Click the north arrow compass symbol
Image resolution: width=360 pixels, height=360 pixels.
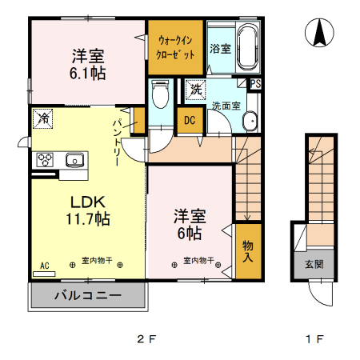tap(319, 33)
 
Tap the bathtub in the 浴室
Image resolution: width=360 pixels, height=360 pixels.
tap(248, 47)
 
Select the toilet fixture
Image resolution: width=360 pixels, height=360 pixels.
tap(160, 94)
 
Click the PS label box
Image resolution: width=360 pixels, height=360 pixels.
tap(255, 84)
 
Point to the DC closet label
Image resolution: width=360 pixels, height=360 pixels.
tap(190, 120)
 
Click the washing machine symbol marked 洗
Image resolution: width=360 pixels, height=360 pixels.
tap(196, 90)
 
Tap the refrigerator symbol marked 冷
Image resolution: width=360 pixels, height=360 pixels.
tap(42, 118)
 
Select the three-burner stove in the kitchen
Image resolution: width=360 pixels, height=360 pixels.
tap(45, 160)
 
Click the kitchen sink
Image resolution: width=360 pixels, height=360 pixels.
tap(74, 160)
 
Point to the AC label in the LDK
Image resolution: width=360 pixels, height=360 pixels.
tap(45, 266)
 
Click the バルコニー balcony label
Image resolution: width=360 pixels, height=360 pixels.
tap(88, 295)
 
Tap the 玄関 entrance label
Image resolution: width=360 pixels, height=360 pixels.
tap(314, 264)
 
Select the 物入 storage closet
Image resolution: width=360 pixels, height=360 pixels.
tap(248, 251)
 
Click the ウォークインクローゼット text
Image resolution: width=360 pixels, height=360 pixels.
tap(175, 47)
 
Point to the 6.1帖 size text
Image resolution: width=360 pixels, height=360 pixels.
tap(88, 73)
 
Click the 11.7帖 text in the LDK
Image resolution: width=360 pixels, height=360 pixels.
tap(88, 218)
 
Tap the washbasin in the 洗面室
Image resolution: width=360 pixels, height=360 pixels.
tap(250, 121)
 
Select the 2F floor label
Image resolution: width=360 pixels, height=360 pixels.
tap(146, 339)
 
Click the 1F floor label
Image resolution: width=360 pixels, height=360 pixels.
tap(314, 339)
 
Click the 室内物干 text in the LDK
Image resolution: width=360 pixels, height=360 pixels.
tap(97, 260)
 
